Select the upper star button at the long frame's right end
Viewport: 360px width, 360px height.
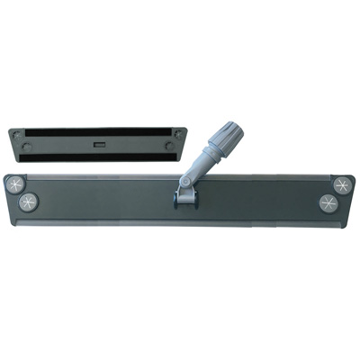click(x=341, y=183)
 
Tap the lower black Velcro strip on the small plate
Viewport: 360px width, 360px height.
click(x=100, y=154)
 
